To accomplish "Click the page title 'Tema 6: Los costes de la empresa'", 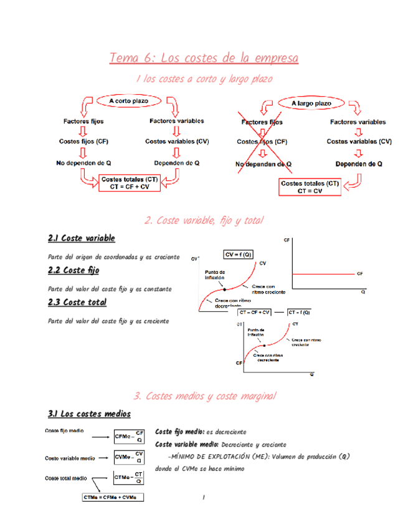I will click(204, 58).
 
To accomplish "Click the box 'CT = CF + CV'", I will click(130, 183).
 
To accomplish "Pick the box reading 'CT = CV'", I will click(310, 188).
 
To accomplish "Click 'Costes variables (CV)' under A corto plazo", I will click(177, 142).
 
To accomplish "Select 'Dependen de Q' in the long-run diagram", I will click(359, 164).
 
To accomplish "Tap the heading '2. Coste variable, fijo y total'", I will click(204, 220).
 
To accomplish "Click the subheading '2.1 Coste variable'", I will click(82, 238).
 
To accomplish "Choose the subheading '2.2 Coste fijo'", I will click(74, 270).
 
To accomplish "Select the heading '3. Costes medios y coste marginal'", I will click(204, 396).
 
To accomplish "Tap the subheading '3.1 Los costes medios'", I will click(89, 414).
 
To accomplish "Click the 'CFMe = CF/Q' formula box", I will click(130, 437).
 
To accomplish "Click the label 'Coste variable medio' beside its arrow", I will click(69, 458).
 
